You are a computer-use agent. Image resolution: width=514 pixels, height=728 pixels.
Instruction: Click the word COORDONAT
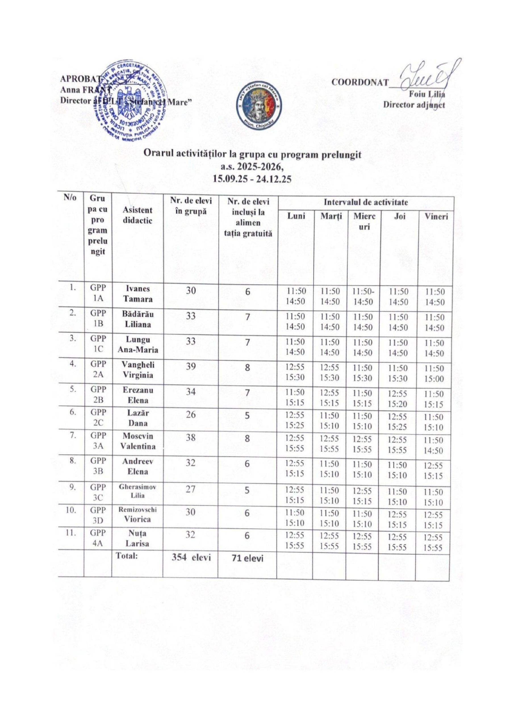[x=360, y=82]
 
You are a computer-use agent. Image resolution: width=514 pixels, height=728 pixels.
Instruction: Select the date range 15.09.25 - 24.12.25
[x=252, y=179]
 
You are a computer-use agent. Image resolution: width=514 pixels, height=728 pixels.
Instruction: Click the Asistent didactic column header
[x=137, y=215]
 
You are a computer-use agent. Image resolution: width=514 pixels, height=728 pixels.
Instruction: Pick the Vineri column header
[x=436, y=217]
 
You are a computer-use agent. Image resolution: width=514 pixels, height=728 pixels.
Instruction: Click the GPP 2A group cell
[x=98, y=369]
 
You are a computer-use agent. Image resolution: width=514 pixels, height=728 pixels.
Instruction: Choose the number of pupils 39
[x=191, y=367]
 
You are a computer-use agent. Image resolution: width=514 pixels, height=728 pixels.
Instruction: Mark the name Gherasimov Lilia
[x=137, y=491]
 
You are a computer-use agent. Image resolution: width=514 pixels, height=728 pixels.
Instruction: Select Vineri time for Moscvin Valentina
[x=434, y=445]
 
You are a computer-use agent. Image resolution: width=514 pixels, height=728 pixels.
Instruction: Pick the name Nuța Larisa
[x=137, y=539]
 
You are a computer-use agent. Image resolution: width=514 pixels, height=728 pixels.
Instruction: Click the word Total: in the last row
[x=127, y=565]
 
